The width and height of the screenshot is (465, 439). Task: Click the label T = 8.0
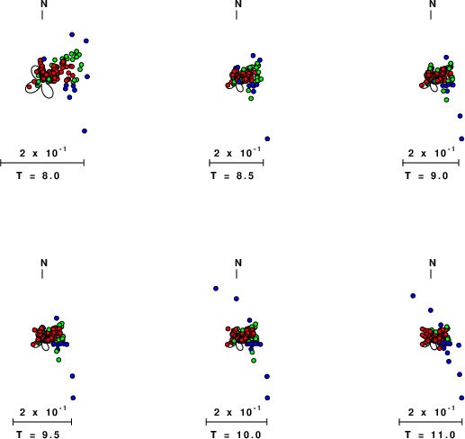click(38, 175)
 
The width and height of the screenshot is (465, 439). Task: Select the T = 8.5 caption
click(232, 175)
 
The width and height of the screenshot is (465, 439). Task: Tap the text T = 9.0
click(426, 175)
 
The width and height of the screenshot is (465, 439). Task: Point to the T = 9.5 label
click(38, 435)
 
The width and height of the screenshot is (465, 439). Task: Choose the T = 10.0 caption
click(236, 435)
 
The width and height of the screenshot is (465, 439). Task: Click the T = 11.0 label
click(430, 435)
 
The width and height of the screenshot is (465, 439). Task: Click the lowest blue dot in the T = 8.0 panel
click(85, 131)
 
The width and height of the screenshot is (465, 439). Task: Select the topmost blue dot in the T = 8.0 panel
click(72, 35)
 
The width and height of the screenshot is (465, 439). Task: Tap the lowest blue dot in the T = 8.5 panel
click(267, 139)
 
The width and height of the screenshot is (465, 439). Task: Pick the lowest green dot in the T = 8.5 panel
click(251, 98)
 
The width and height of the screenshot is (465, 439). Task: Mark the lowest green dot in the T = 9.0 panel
click(446, 100)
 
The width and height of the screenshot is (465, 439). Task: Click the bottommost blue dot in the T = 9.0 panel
click(461, 139)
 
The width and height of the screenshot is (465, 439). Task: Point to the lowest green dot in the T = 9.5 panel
click(58, 360)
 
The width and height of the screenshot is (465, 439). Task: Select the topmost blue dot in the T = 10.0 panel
click(216, 289)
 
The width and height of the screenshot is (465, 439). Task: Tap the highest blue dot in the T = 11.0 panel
click(413, 296)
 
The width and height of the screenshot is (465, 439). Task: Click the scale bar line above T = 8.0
click(42, 163)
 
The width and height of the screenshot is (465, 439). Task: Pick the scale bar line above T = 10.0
click(237, 422)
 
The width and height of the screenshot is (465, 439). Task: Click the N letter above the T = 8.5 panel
click(238, 4)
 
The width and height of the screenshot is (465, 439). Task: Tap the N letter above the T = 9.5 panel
click(44, 263)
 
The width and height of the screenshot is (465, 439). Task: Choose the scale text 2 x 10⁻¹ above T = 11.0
click(432, 412)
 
